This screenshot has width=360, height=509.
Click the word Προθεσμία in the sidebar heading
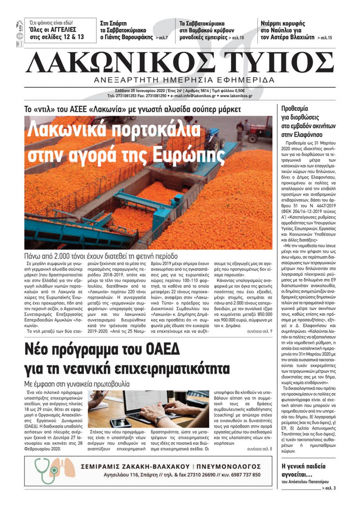294,109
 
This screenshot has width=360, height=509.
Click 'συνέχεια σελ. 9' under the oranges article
260,331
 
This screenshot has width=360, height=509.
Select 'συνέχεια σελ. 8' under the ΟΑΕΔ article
260,449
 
